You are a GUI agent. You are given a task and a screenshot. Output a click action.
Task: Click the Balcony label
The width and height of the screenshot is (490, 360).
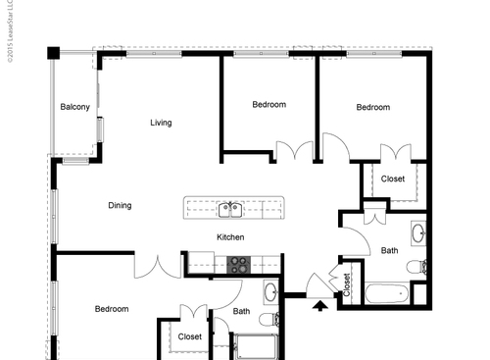75,107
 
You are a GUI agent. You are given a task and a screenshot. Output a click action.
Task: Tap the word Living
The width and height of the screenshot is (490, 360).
161,123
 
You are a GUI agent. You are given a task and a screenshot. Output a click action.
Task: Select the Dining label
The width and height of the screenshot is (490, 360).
120,205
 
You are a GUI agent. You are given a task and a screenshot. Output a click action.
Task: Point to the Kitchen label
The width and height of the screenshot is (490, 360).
230,237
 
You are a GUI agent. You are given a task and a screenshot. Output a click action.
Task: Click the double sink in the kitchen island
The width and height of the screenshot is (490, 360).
230,208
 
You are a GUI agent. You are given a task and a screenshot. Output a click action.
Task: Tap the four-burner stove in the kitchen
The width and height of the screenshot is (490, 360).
240,263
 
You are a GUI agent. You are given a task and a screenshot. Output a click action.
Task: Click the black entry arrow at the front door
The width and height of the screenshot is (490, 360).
319,305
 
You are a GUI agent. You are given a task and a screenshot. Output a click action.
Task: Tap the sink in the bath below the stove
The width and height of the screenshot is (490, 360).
271,291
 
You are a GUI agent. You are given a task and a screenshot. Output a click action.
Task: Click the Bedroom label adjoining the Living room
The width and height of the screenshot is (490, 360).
269,104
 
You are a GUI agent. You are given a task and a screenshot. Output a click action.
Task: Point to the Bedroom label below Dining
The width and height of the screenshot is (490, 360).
112,309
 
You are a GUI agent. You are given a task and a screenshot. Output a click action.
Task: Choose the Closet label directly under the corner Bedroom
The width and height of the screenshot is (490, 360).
392,179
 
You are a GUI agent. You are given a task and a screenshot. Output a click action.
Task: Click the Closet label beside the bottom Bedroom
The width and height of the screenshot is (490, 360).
190,336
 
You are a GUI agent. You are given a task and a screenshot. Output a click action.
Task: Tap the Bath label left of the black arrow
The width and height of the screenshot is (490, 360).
242,312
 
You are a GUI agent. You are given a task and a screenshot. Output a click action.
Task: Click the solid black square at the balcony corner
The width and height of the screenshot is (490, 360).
55,52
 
